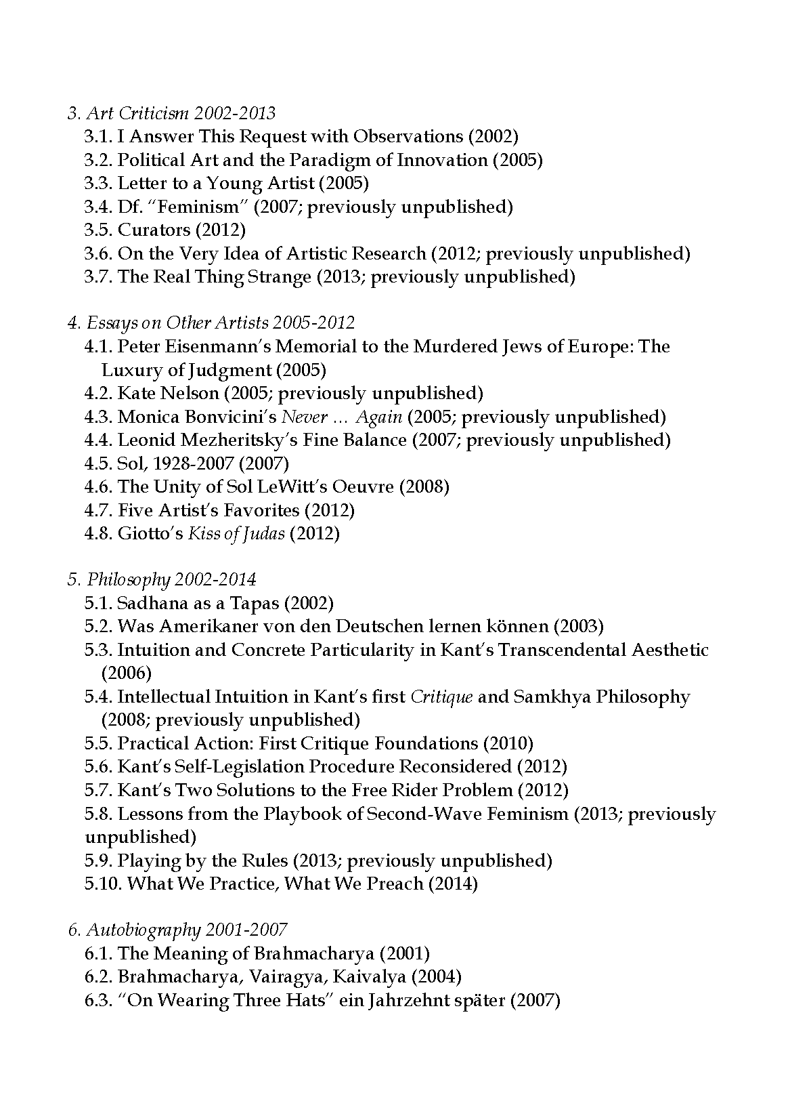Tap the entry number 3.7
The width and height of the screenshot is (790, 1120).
pyautogui.click(x=99, y=277)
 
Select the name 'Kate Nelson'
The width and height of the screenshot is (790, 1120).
pyautogui.click(x=168, y=394)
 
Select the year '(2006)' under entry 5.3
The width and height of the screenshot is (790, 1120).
pyautogui.click(x=126, y=673)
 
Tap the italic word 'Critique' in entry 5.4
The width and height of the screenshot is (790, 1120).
pyautogui.click(x=442, y=697)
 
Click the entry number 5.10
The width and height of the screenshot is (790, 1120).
pyautogui.click(x=104, y=884)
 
